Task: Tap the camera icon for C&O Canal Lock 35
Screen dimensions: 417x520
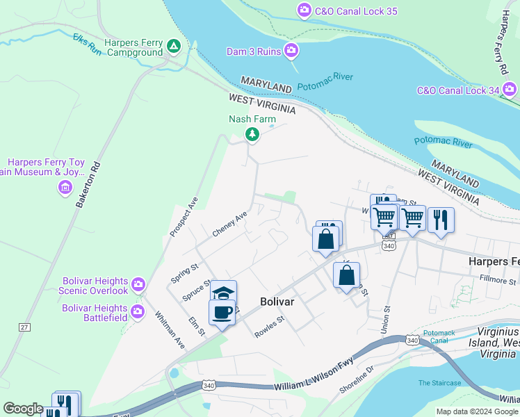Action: pos(304,10)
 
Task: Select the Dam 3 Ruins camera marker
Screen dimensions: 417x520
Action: pos(291,51)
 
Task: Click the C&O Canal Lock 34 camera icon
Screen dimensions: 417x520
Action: pos(510,90)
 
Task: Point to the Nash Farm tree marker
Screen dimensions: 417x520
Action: pos(253,134)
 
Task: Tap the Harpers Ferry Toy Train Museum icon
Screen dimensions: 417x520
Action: pos(65,187)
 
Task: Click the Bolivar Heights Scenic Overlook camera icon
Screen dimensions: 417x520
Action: pos(138,284)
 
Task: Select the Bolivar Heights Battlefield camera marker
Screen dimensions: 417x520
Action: pos(137,309)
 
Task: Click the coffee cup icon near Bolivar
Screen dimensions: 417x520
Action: pos(222,313)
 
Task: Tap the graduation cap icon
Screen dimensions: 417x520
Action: pos(225,292)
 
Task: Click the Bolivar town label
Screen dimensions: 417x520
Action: pos(278,302)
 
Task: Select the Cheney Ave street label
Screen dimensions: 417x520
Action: pos(230,224)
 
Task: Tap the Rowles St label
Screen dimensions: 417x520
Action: pos(270,327)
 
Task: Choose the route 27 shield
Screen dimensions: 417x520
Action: pos(25,327)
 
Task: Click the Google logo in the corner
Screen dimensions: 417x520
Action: pos(23,409)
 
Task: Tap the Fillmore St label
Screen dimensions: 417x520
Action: pos(498,281)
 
